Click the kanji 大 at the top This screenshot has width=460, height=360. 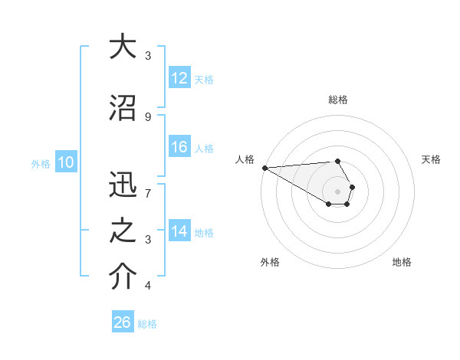pyautogui.click(x=123, y=47)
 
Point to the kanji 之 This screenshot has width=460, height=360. pyautogui.click(x=123, y=232)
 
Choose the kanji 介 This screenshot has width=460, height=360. pyautogui.click(x=123, y=278)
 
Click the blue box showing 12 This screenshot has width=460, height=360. pyautogui.click(x=179, y=78)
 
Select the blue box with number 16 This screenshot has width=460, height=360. pyautogui.click(x=179, y=148)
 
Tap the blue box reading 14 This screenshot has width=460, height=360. pyautogui.click(x=179, y=232)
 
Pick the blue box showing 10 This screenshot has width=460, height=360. pyautogui.click(x=65, y=162)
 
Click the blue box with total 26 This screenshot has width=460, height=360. pyautogui.click(x=123, y=323)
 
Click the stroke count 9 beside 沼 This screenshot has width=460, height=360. pyautogui.click(x=148, y=116)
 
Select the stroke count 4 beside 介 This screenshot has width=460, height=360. pyautogui.click(x=148, y=286)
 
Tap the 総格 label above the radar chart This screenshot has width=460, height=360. pyautogui.click(x=337, y=100)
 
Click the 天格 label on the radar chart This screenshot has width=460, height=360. pyautogui.click(x=431, y=159)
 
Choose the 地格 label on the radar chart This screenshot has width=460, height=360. pyautogui.click(x=402, y=262)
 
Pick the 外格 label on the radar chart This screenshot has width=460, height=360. pyautogui.click(x=270, y=262)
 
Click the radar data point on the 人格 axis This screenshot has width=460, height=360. pyautogui.click(x=264, y=168)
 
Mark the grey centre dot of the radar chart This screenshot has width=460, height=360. pyautogui.click(x=337, y=191)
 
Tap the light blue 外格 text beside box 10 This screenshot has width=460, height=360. pyautogui.click(x=41, y=163)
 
